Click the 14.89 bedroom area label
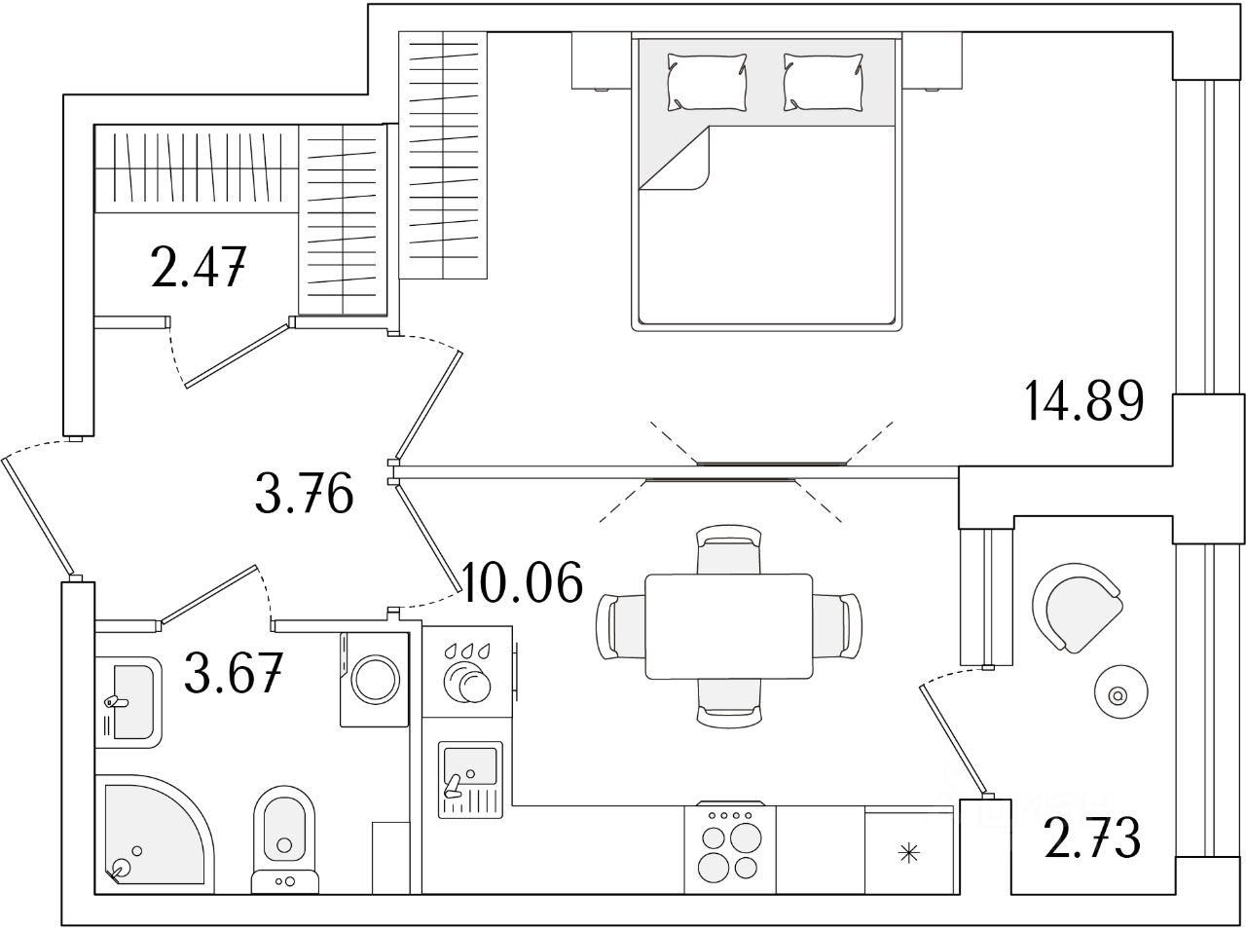[x=1082, y=401]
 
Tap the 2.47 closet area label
[x=197, y=268]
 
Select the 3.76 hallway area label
[x=303, y=495]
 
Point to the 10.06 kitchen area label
[x=524, y=583]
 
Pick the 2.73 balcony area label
[x=1091, y=839]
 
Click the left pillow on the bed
[x=708, y=82]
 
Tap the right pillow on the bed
[x=823, y=82]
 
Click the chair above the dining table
[x=729, y=551]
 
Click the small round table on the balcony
[x=1117, y=695]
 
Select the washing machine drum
[x=374, y=679]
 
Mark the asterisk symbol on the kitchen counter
[x=908, y=854]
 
